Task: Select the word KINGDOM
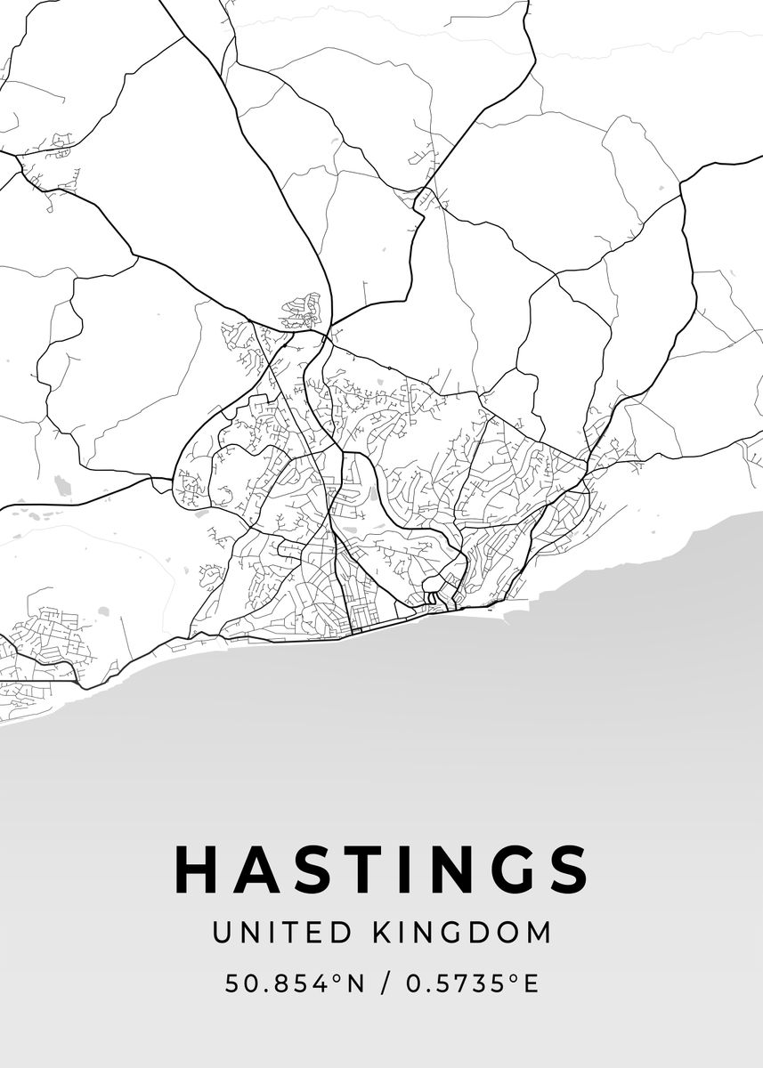[x=460, y=933]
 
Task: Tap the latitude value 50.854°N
[x=295, y=983]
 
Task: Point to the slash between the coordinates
[x=386, y=983]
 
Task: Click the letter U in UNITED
[x=221, y=933]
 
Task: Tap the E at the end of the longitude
[x=530, y=983]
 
